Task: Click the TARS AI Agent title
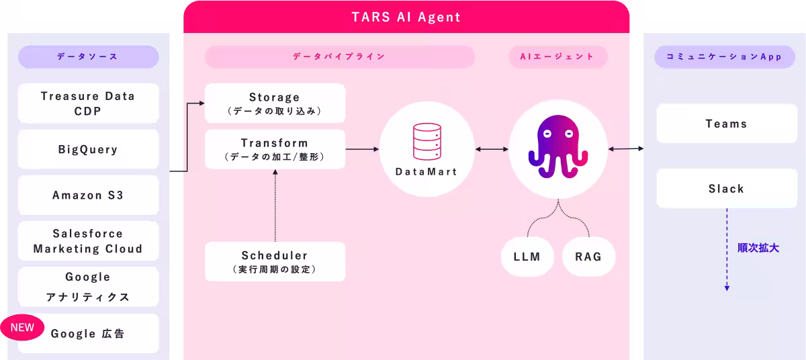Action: (406, 17)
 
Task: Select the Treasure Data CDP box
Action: (88, 103)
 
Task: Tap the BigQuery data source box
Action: (88, 150)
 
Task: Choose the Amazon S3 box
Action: (88, 195)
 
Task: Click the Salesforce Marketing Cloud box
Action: (88, 241)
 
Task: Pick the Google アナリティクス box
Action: (88, 287)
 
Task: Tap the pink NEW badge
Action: (22, 328)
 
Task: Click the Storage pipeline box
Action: (275, 103)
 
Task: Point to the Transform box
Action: (275, 149)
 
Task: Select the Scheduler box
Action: (275, 262)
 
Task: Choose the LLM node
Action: (527, 257)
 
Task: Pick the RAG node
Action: (588, 257)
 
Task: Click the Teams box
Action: (726, 124)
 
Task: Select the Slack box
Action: (726, 189)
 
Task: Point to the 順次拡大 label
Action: (758, 248)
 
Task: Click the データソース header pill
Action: (88, 57)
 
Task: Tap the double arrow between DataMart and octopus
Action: (492, 148)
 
